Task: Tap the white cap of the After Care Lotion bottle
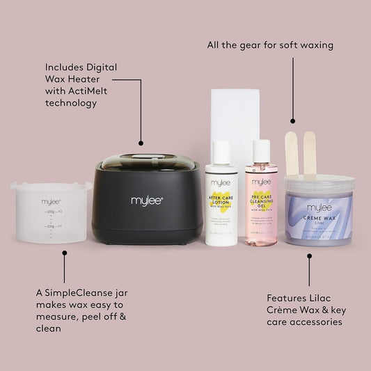tap(221, 150)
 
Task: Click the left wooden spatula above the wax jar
tap(292, 153)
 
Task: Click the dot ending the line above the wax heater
tap(141, 143)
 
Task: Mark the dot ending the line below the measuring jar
tap(64, 253)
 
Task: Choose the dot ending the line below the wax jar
tap(308, 255)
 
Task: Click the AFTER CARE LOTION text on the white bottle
tap(221, 200)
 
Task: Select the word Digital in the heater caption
tap(100, 67)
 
